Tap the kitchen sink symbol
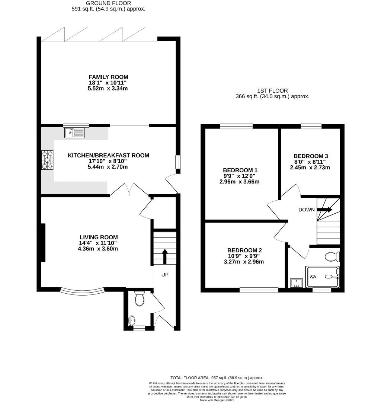74,133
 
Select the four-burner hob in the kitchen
47,160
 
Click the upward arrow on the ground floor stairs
164,256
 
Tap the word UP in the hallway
165,275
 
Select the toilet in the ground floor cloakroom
140,299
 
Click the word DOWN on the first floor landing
307,210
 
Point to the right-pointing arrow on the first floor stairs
324,210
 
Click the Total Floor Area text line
217,377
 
